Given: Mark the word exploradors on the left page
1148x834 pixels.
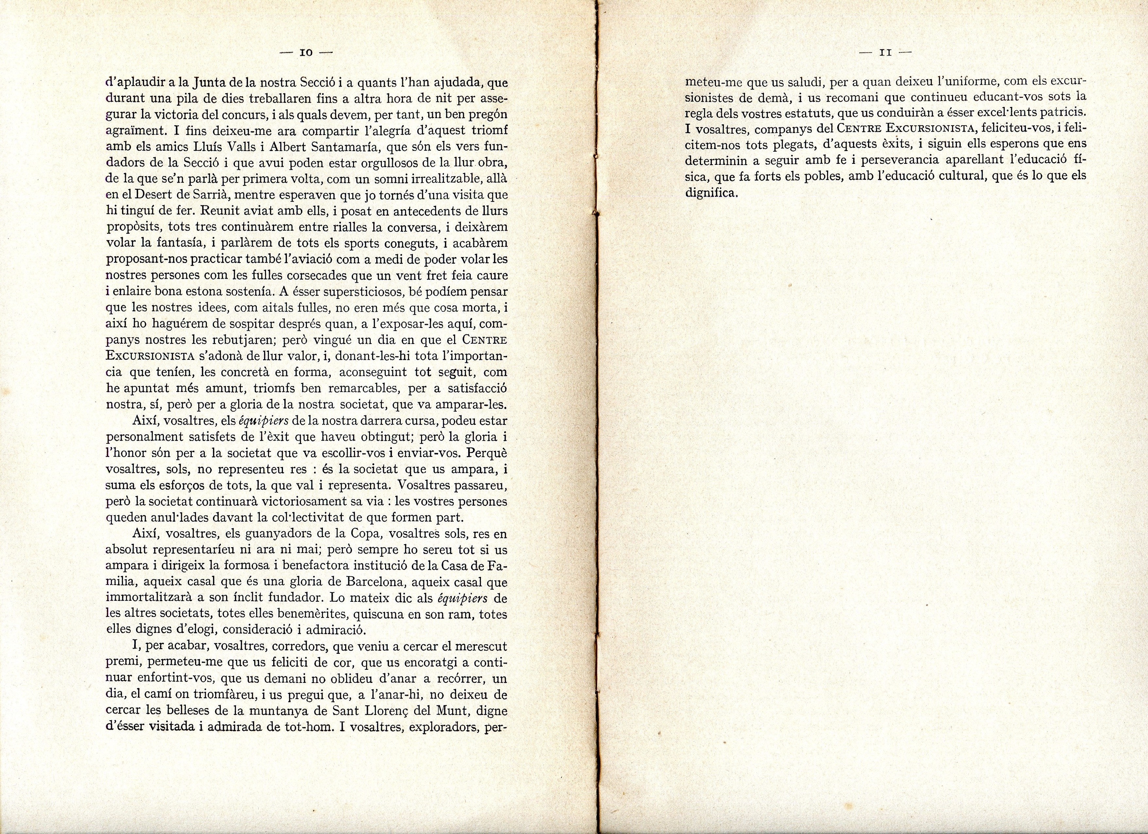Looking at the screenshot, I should pos(446,728).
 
